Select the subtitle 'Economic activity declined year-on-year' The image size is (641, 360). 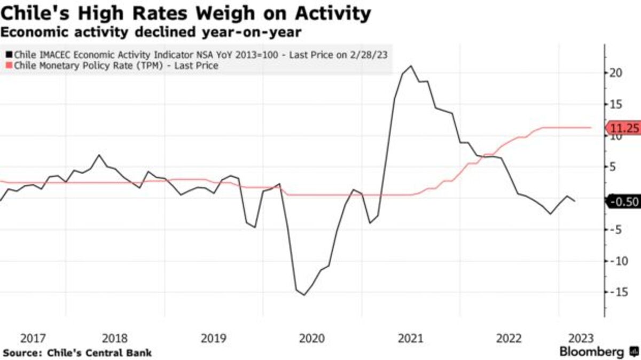151,33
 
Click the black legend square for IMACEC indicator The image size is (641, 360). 9,54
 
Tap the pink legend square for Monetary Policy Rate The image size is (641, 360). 9,66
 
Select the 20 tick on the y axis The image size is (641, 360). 616,73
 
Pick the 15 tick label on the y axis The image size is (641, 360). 616,104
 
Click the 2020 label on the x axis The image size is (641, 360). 311,339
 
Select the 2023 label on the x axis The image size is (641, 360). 580,339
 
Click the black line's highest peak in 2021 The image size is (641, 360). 410,66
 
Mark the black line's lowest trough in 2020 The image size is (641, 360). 304,295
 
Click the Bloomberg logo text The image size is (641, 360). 591,352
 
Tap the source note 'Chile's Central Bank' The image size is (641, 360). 99,353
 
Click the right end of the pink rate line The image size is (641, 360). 590,128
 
